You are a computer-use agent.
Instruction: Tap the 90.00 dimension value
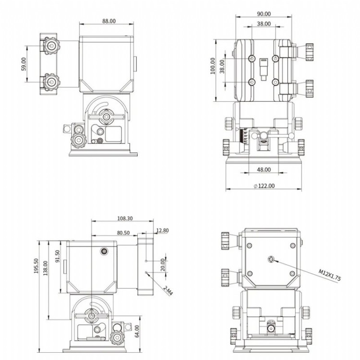click(x=264, y=14)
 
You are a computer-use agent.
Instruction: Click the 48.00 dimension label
click(x=264, y=169)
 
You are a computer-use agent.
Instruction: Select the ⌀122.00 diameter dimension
click(x=264, y=186)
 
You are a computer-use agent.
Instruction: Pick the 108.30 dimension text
click(x=124, y=218)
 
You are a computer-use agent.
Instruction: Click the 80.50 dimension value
click(x=123, y=232)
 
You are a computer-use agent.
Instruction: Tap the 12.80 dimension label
click(x=163, y=230)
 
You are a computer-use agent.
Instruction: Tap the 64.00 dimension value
click(x=137, y=330)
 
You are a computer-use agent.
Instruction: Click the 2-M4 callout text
click(x=168, y=291)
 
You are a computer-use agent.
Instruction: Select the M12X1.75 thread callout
click(x=330, y=275)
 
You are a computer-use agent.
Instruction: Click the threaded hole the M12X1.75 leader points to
click(x=272, y=260)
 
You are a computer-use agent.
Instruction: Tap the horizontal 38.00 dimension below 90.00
click(x=264, y=24)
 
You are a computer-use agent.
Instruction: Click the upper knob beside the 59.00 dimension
click(x=49, y=46)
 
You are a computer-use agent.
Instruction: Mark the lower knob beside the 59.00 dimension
click(x=49, y=82)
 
